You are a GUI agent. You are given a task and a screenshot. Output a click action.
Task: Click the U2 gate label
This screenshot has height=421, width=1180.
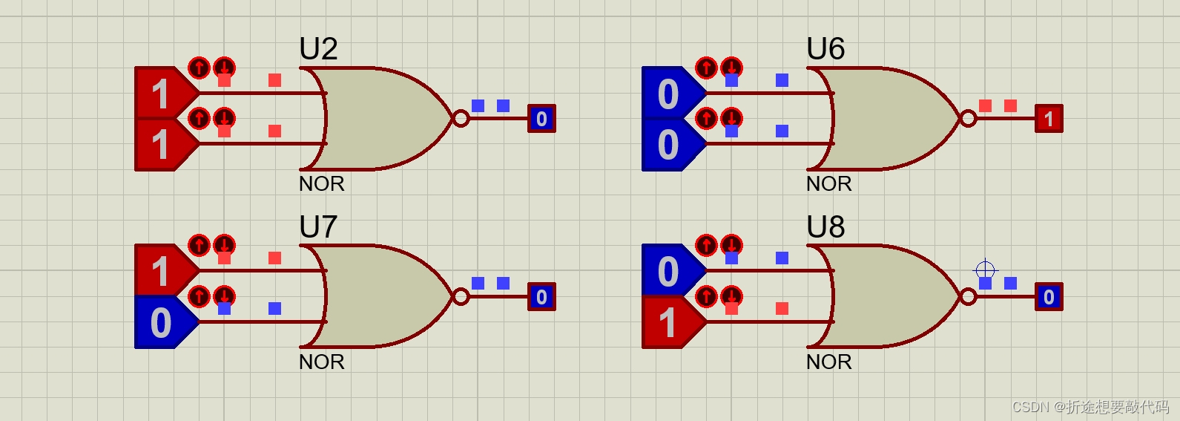(x=318, y=49)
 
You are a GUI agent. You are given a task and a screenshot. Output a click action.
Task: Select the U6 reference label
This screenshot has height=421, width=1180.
(x=825, y=49)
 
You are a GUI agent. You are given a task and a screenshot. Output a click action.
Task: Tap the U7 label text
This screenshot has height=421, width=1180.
(x=318, y=226)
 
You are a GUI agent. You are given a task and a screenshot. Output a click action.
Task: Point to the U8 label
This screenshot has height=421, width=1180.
(x=825, y=226)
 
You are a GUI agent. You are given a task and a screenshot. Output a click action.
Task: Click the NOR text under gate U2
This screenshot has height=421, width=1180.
(x=321, y=183)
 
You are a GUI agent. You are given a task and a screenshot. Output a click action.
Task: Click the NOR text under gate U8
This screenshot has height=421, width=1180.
(x=828, y=362)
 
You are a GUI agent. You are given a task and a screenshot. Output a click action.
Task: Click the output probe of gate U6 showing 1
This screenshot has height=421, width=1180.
(x=1049, y=118)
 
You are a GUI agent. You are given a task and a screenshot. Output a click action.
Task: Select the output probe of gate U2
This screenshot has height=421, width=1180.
(x=541, y=118)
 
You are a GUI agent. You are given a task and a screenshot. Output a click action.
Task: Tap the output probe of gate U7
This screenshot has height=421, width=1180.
(x=541, y=297)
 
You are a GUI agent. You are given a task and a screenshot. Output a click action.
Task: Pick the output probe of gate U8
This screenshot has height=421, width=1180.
(x=1049, y=297)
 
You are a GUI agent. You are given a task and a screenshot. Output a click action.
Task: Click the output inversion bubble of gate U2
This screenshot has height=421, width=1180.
(x=461, y=118)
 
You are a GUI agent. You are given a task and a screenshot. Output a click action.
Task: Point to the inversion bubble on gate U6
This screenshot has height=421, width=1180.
(x=968, y=118)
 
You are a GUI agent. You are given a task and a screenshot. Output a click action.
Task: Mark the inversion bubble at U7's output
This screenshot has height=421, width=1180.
(x=461, y=297)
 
